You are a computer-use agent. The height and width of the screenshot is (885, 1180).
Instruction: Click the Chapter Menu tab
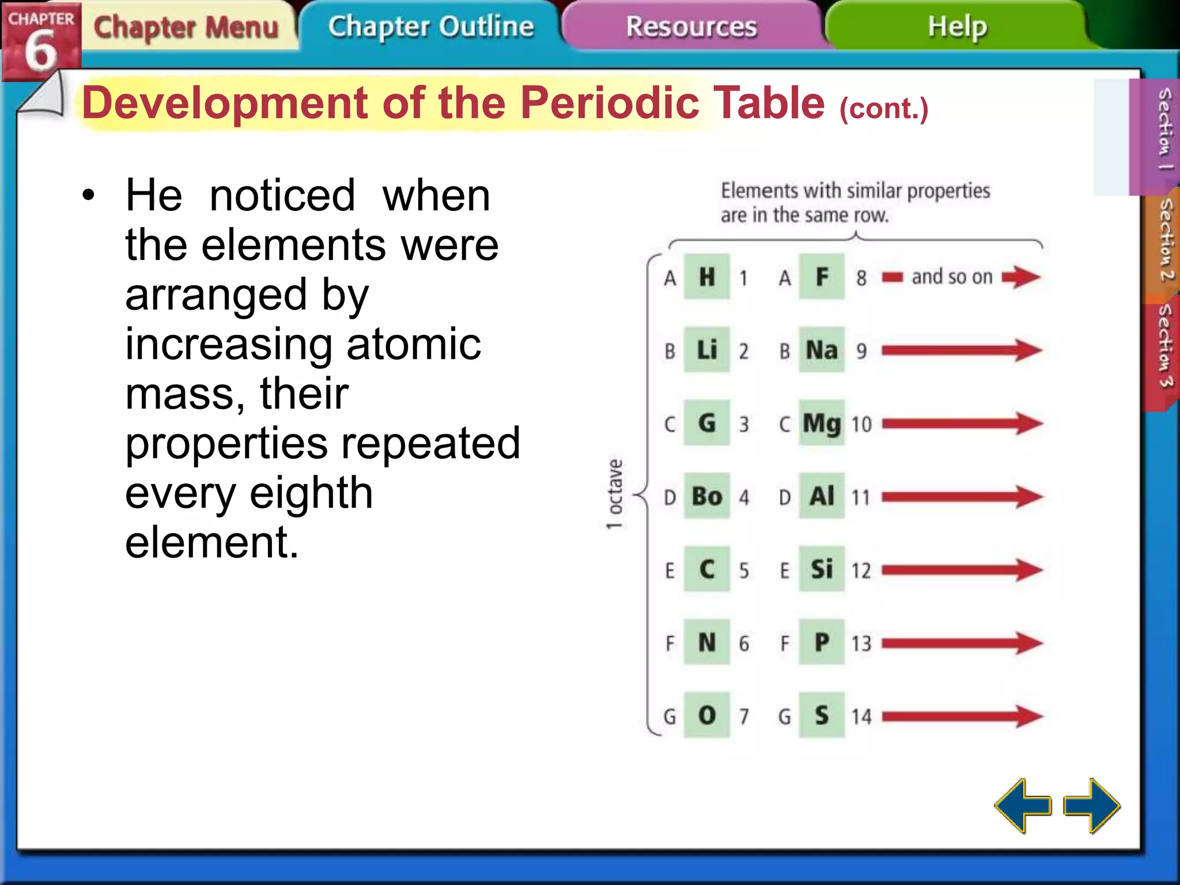pos(186,27)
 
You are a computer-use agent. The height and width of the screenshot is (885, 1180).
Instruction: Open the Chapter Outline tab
pos(431,27)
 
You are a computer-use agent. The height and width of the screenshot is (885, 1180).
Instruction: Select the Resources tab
pos(691,27)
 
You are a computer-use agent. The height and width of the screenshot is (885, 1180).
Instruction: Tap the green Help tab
pos(957,27)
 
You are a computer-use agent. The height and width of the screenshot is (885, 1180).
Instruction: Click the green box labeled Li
pos(707,350)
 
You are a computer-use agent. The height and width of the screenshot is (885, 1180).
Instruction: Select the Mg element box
pos(822,423)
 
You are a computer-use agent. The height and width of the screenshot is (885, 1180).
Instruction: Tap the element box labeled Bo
pos(707,496)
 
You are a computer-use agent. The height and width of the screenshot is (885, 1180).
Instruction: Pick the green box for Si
pos(822,569)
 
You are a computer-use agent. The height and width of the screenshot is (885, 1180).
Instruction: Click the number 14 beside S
pos(861,716)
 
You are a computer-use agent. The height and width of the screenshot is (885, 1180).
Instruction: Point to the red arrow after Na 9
pos(961,350)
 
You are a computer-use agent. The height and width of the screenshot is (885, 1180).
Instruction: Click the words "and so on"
pos(952,277)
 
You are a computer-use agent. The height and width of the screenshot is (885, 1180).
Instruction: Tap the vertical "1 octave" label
pos(615,494)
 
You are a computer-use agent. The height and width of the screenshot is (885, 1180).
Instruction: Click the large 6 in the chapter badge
pos(40,51)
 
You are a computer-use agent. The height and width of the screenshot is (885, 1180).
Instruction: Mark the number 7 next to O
pos(744,716)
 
